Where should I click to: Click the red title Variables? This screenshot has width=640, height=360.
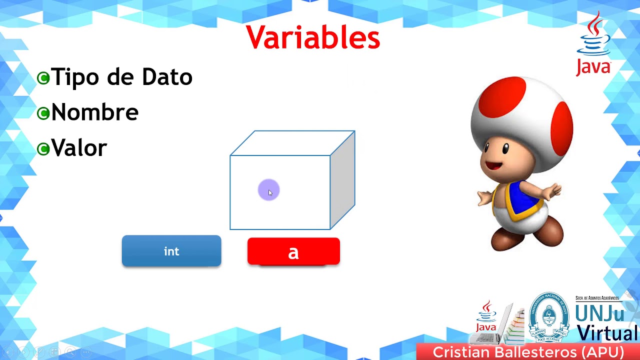tap(313, 37)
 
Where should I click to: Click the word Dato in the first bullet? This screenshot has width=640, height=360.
tap(167, 77)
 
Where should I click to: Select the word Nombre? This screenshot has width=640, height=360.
tap(95, 112)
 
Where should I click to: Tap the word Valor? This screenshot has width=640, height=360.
tap(79, 148)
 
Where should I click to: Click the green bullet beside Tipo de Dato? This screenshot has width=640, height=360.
tap(43, 78)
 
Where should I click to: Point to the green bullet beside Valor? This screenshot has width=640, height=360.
tap(43, 148)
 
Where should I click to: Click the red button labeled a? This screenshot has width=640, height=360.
tap(293, 251)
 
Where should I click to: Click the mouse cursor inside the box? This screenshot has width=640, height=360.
tap(270, 192)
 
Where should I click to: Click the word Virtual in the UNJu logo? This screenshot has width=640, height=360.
tap(607, 332)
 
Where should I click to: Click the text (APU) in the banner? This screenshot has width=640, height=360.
tap(602, 352)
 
